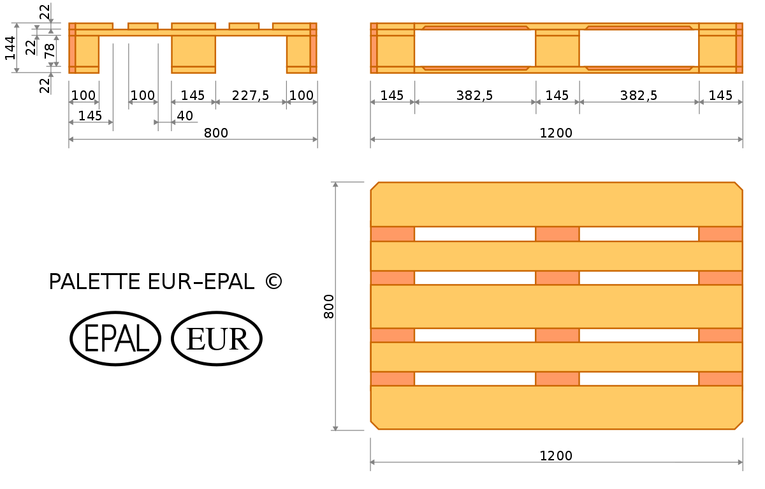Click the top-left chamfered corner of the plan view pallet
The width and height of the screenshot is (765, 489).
(374, 186)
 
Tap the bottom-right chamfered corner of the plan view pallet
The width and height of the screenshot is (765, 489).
(739, 426)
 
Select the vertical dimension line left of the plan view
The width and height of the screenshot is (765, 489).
(335, 306)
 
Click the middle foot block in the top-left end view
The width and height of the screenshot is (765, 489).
(194, 54)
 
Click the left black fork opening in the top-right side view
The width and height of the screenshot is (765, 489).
(475, 48)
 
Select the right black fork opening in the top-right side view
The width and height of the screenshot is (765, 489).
(639, 48)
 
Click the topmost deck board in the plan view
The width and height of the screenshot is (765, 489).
(556, 204)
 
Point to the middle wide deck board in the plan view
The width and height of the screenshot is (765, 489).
(556, 306)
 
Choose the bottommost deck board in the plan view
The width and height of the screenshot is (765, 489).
(556, 407)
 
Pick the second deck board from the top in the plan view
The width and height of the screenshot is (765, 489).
(556, 256)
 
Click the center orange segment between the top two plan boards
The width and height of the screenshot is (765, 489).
(557, 234)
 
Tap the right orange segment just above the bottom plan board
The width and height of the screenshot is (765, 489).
(720, 379)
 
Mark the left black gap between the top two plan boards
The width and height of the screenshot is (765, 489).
(475, 234)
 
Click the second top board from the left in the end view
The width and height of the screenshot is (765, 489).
(143, 26)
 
